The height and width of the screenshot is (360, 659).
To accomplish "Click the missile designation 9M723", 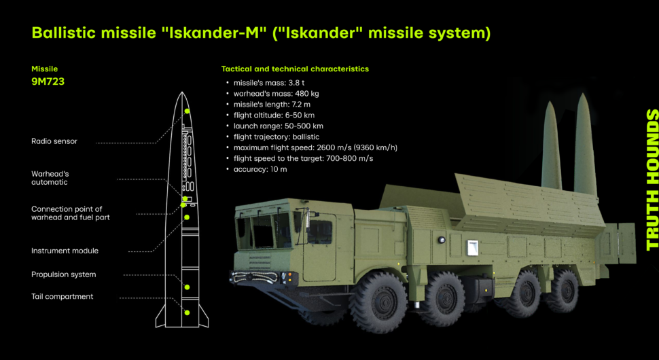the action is [48, 82].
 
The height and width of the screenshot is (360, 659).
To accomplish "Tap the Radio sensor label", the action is [54, 141].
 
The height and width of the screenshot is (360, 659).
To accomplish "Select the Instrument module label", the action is [65, 251].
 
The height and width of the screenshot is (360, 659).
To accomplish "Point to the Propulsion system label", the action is [63, 274].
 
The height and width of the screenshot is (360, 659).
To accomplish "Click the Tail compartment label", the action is [63, 297].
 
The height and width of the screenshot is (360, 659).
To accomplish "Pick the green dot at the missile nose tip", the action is [187, 111].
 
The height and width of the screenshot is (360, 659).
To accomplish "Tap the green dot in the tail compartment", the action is [187, 312].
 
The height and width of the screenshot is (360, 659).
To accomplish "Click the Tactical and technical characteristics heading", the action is [295, 69].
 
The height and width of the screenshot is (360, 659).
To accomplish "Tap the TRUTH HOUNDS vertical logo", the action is [652, 180].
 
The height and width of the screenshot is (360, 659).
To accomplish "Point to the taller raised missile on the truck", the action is [586, 145].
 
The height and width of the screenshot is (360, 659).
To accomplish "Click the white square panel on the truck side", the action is [472, 247].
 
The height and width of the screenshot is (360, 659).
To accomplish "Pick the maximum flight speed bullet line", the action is [315, 148].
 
